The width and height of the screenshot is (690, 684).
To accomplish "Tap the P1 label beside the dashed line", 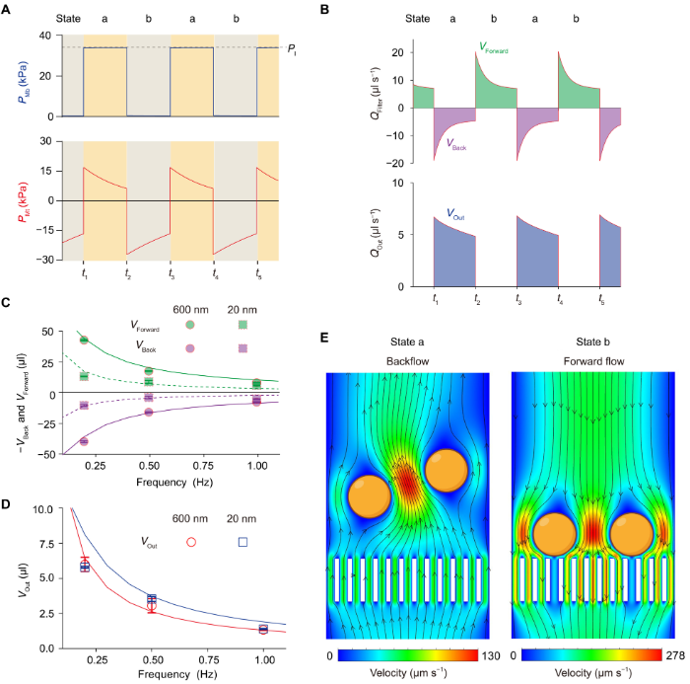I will [x=293, y=47].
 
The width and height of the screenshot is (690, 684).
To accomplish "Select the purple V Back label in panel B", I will [x=456, y=142].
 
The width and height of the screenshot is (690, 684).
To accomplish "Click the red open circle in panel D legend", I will [x=192, y=541].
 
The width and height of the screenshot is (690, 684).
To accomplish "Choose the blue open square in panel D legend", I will [x=242, y=541].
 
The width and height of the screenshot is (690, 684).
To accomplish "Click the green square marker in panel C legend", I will [x=242, y=324].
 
